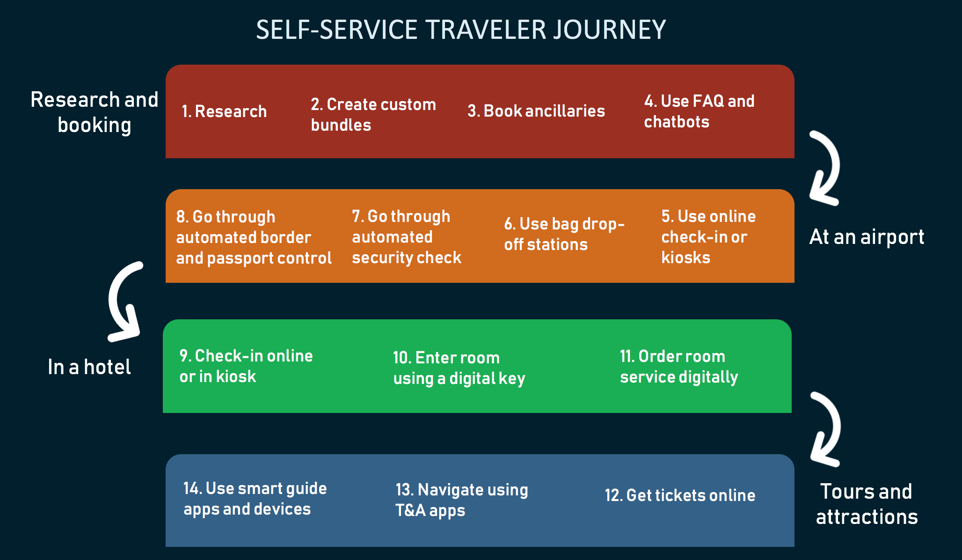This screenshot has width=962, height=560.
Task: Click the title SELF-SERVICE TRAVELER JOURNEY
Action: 461,30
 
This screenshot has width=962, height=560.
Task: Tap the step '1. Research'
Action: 224,111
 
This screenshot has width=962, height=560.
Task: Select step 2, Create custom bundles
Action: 373,114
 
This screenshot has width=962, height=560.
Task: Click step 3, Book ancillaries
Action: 536,111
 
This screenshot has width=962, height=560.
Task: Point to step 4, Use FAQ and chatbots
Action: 699,111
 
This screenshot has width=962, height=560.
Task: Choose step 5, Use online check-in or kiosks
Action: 708,236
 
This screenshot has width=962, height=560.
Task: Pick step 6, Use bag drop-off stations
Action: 564,234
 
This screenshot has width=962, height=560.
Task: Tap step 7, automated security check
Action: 406,236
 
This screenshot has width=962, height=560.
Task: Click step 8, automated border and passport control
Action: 254,237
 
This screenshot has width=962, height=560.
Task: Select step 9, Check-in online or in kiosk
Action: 246,366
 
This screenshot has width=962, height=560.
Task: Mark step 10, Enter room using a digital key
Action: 459,368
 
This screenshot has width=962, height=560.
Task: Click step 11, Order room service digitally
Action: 679,366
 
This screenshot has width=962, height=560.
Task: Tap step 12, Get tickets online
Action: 680,495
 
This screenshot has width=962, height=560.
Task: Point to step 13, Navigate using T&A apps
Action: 461,500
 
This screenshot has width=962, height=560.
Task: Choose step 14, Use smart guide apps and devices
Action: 255,498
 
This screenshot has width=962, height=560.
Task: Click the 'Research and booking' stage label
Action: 95,112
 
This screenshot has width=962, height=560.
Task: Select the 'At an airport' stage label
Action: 867,237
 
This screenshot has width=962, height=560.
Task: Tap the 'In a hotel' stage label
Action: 89,367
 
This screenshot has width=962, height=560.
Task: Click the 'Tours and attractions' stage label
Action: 867,504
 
